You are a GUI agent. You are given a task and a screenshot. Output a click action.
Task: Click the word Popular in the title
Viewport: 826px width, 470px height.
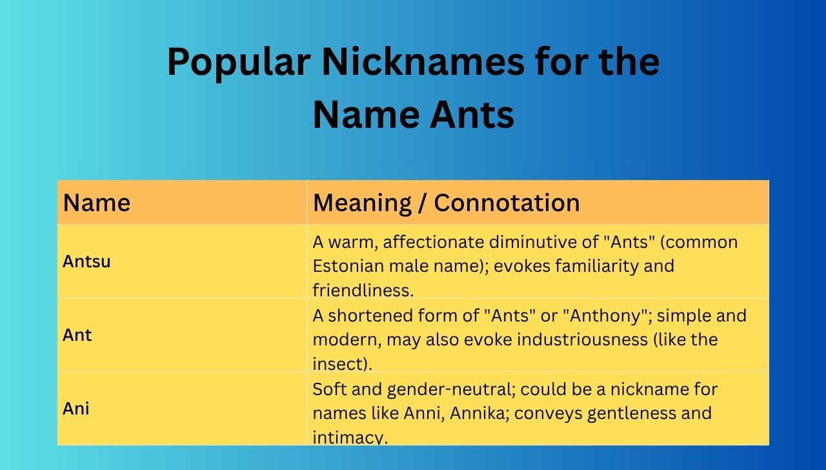239,63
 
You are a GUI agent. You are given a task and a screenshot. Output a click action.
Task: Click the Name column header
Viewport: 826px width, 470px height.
97,203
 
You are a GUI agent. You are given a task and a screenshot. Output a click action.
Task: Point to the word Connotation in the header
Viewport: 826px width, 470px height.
507,203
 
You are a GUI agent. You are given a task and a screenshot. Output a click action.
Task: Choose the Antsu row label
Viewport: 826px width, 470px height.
86,261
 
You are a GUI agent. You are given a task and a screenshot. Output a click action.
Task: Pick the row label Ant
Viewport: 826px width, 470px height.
77,335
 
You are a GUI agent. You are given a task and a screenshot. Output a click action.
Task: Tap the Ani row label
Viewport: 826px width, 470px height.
76,409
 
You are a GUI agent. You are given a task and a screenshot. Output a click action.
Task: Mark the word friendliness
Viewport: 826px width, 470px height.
363,291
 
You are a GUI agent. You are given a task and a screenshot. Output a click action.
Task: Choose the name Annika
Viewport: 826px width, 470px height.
478,413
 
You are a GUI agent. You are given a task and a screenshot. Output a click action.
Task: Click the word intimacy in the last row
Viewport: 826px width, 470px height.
349,437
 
